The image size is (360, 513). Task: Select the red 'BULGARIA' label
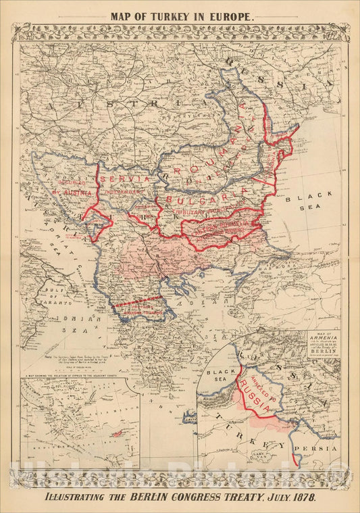(x=203, y=201)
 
